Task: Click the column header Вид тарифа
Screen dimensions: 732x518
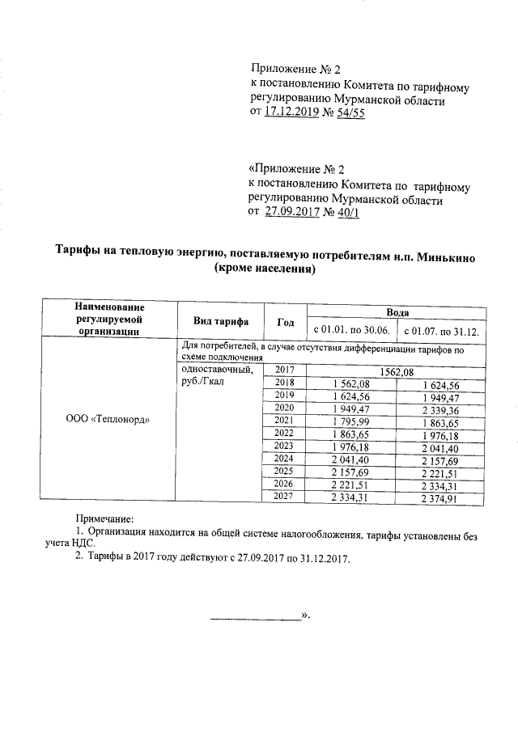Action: click(x=220, y=321)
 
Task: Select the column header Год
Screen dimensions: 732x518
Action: click(x=285, y=321)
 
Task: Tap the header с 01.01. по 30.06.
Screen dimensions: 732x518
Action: click(x=351, y=330)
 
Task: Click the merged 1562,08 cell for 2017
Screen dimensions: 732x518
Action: click(x=397, y=371)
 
